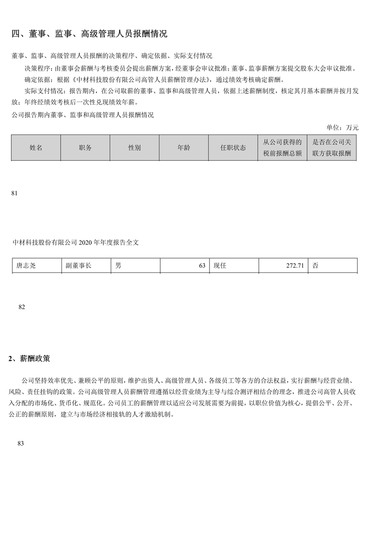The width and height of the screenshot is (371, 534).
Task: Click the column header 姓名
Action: point(36,148)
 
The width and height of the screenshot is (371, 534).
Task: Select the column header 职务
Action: point(85,148)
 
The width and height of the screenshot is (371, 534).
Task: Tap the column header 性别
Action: point(134,148)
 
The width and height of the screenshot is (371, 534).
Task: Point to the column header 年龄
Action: point(184,148)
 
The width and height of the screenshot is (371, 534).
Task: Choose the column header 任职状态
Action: point(233,148)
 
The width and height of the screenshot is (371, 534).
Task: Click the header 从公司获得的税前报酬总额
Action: point(282,148)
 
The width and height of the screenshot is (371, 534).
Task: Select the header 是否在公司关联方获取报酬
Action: point(332,148)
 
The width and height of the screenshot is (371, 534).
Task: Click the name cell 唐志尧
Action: point(26,265)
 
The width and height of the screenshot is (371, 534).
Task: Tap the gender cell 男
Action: point(118,265)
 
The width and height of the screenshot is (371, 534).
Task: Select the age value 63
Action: point(202,265)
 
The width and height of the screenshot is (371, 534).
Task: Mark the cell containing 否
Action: point(316,265)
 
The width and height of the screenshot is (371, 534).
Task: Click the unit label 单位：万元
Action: point(342,127)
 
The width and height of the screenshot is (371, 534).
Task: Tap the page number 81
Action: point(14,193)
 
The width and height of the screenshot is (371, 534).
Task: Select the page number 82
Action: point(22,307)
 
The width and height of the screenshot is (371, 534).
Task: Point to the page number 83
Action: point(20,443)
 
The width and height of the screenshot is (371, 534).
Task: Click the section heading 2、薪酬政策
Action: point(29,359)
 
